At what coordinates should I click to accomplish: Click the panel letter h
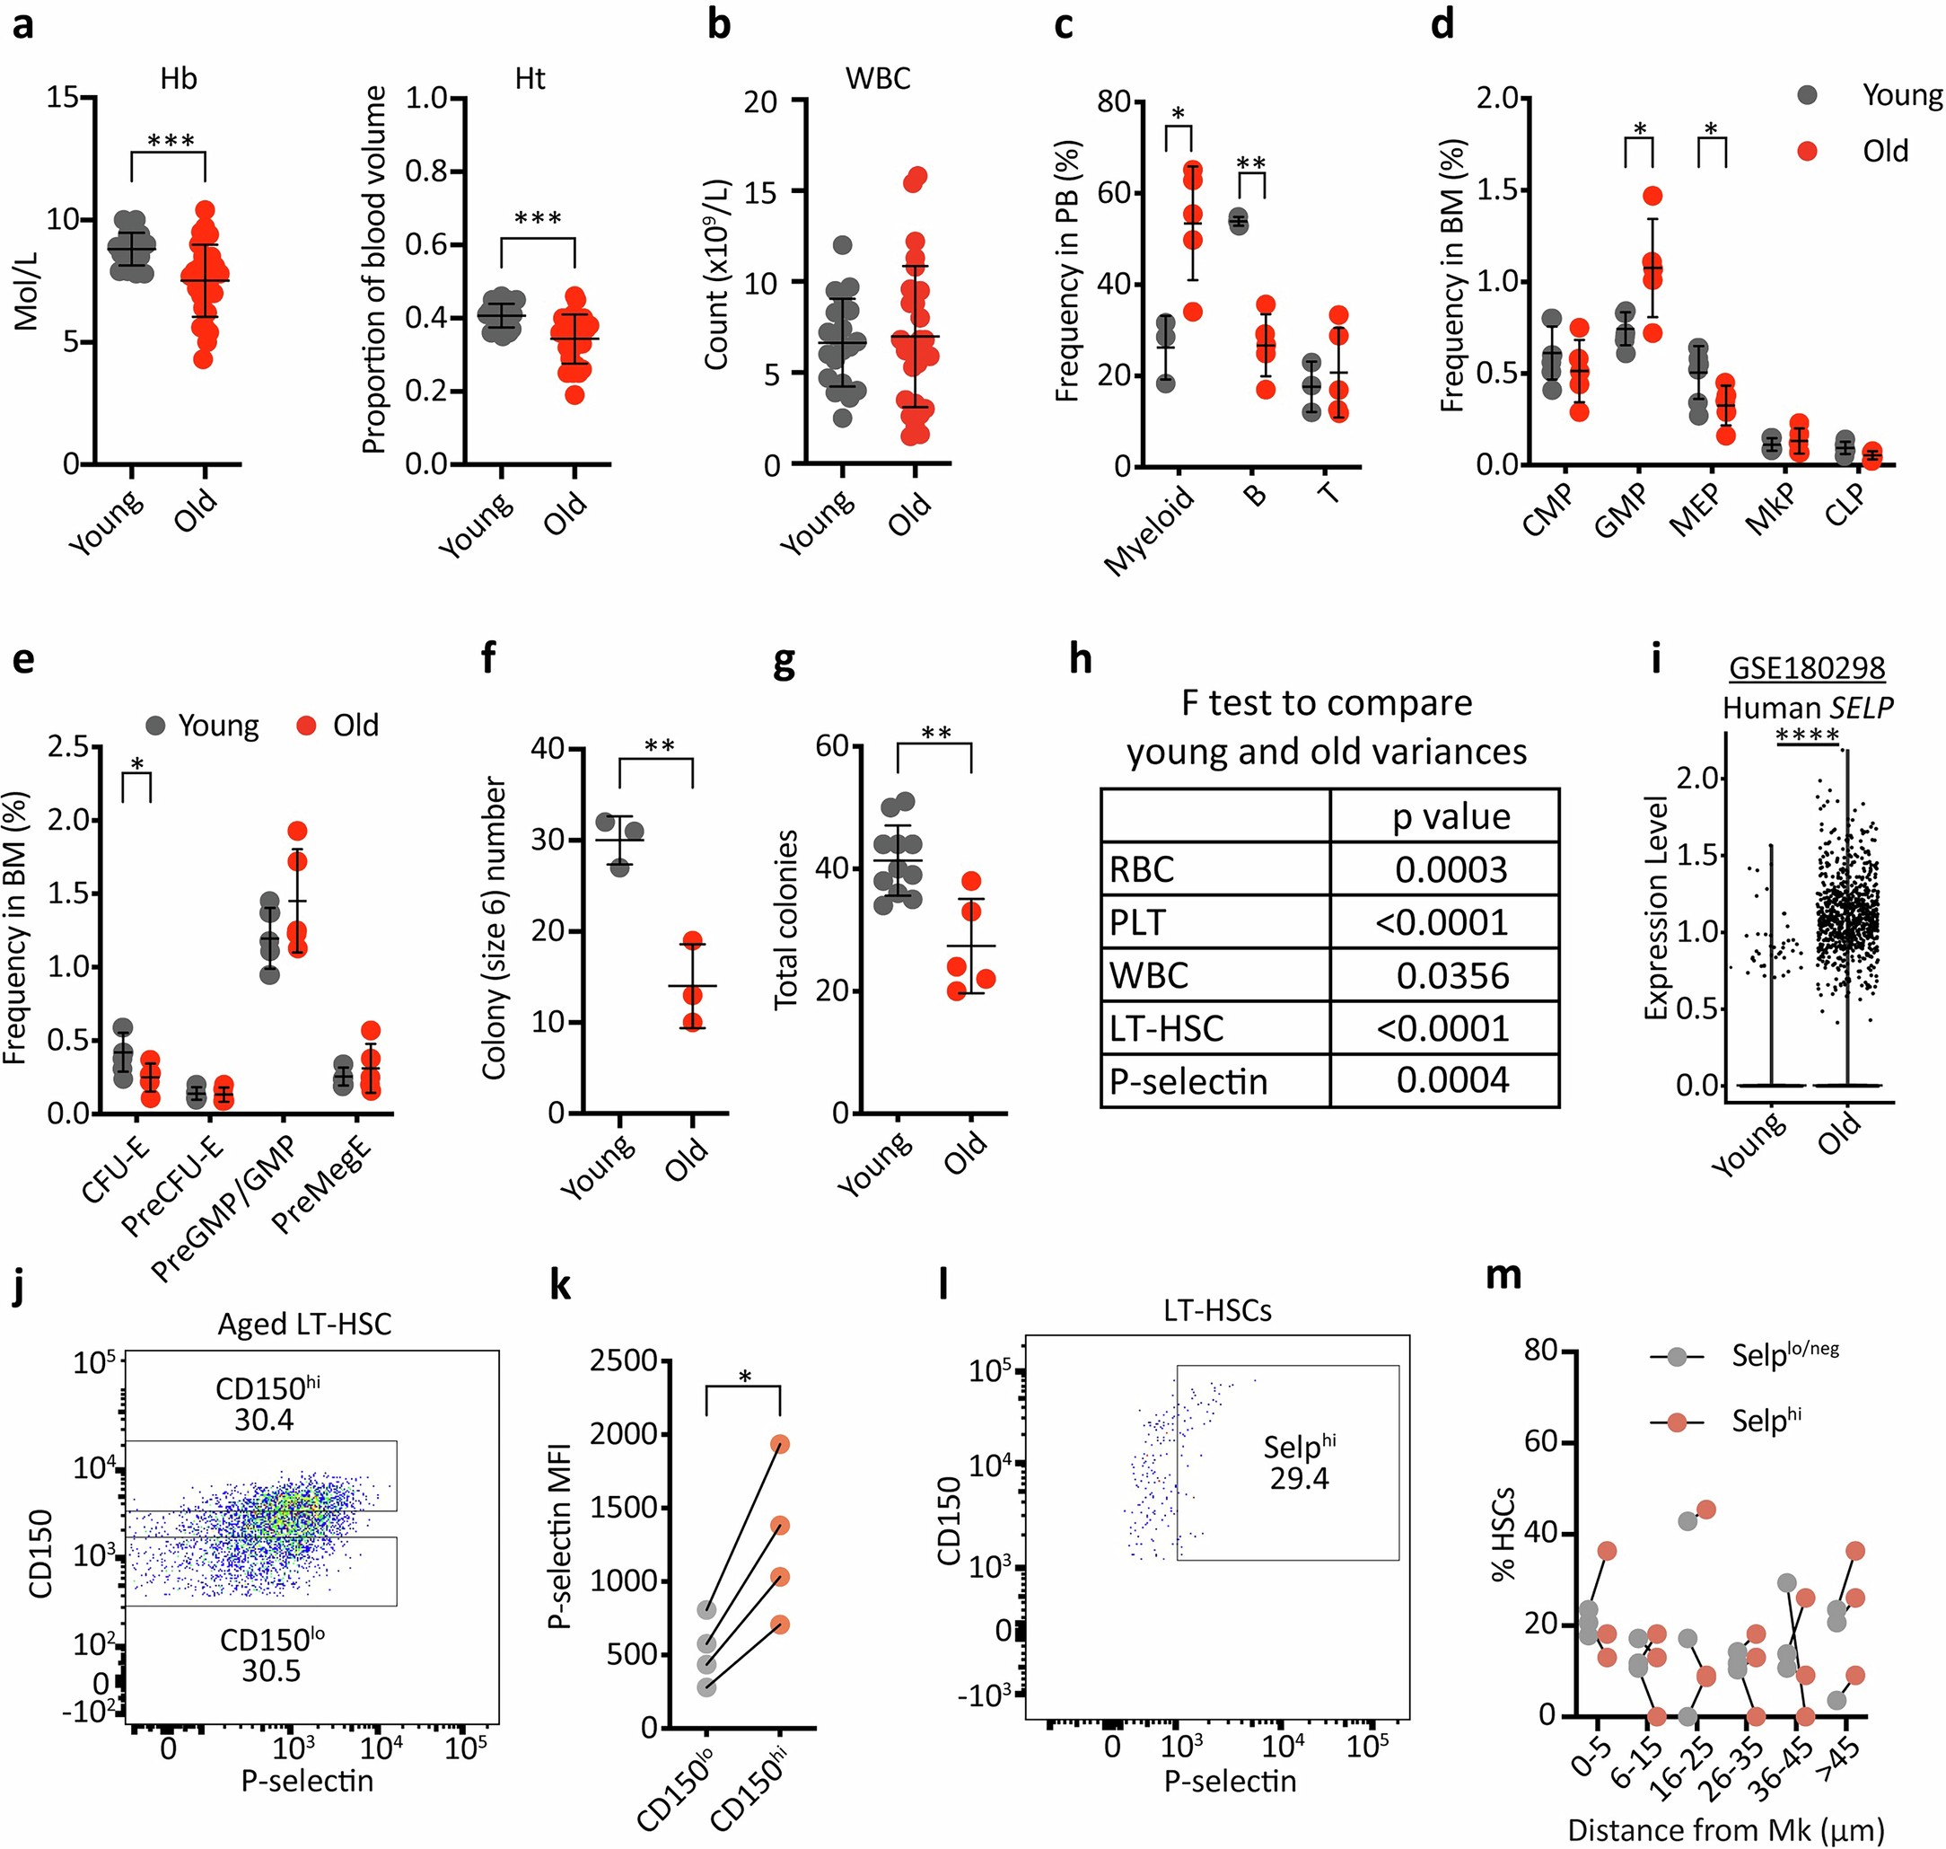1081,659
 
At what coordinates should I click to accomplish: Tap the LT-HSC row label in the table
1167,1028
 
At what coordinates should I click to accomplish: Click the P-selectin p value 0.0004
1451,1080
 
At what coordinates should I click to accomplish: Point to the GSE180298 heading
1806,667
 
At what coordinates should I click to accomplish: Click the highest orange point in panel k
780,1444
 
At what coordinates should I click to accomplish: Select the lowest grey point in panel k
706,1686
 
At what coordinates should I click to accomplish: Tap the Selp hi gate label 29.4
1299,1478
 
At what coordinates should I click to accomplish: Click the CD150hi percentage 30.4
264,1419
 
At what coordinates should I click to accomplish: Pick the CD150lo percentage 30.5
271,1670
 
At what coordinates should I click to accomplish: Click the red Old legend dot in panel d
1807,151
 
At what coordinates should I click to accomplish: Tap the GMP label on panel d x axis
1622,512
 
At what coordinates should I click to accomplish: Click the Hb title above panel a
179,79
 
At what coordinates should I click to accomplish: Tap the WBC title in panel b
878,79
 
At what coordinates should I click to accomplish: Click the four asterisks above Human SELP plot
1808,736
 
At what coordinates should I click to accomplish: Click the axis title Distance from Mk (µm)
1725,1830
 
